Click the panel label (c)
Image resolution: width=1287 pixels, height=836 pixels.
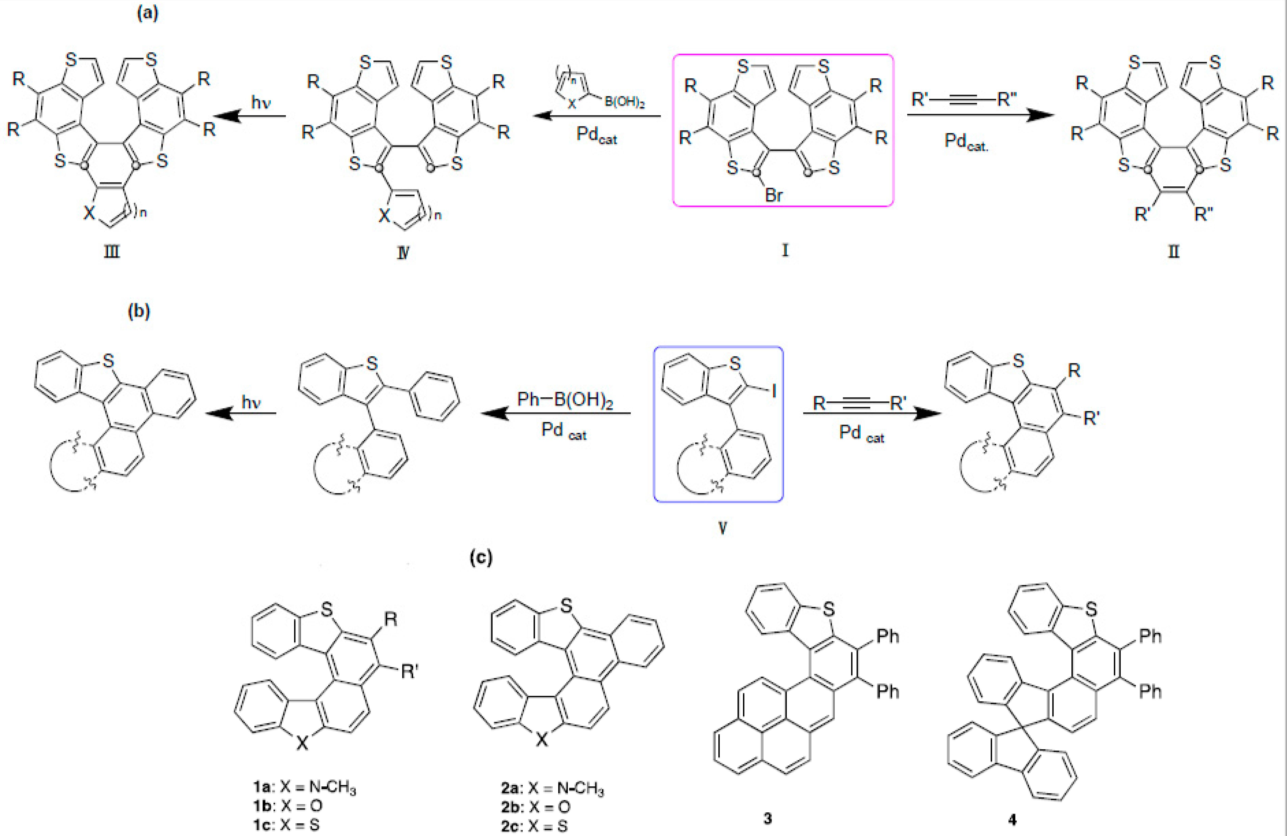click(481, 557)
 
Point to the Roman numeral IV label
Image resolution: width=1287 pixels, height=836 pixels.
click(403, 252)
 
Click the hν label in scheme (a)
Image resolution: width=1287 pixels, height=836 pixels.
click(260, 102)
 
